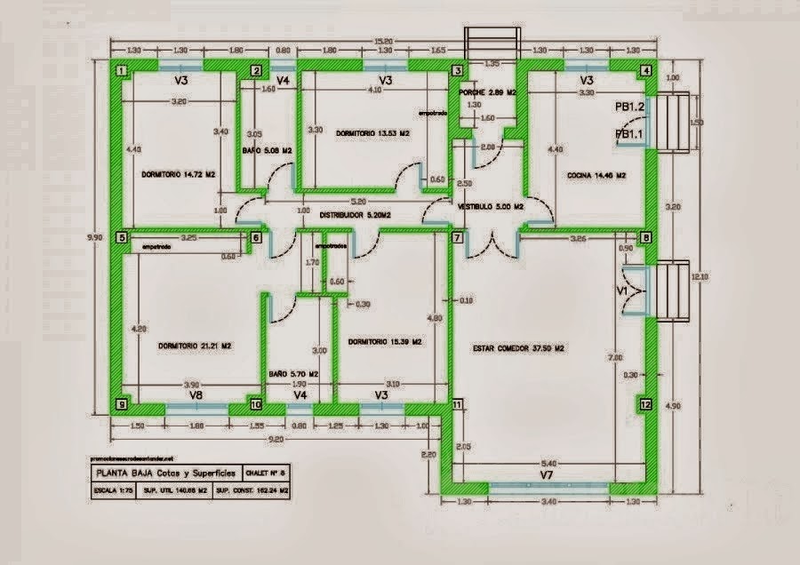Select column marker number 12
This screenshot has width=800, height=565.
645,404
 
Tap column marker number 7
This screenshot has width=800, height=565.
457,238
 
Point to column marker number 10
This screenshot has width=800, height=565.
256,404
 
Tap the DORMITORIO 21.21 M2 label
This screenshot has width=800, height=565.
194,346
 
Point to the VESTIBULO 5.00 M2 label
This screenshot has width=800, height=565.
490,206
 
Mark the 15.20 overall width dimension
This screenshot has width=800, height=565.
383,40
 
